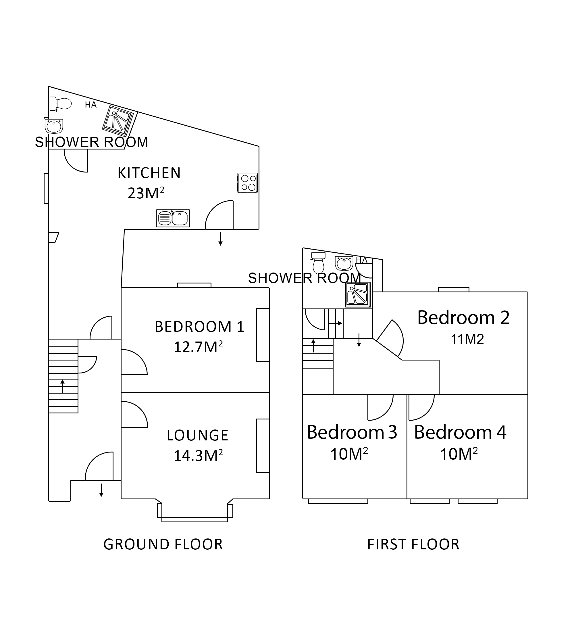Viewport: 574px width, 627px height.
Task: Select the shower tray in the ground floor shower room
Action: tap(118, 121)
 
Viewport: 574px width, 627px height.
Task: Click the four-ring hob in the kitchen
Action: tap(248, 183)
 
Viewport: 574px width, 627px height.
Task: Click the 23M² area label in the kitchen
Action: tap(146, 193)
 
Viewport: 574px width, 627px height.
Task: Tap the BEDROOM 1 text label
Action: tap(199, 327)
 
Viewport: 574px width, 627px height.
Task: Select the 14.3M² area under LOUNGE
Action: tap(198, 456)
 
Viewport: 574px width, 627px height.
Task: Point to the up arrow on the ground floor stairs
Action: tap(62, 386)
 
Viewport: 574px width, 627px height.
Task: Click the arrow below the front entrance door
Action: tap(101, 490)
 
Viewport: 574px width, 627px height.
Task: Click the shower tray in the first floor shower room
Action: tap(358, 295)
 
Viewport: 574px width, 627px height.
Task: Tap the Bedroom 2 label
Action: tap(463, 318)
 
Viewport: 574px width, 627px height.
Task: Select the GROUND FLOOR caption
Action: tap(163, 544)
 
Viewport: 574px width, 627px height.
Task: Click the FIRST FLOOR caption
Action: tap(413, 544)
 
